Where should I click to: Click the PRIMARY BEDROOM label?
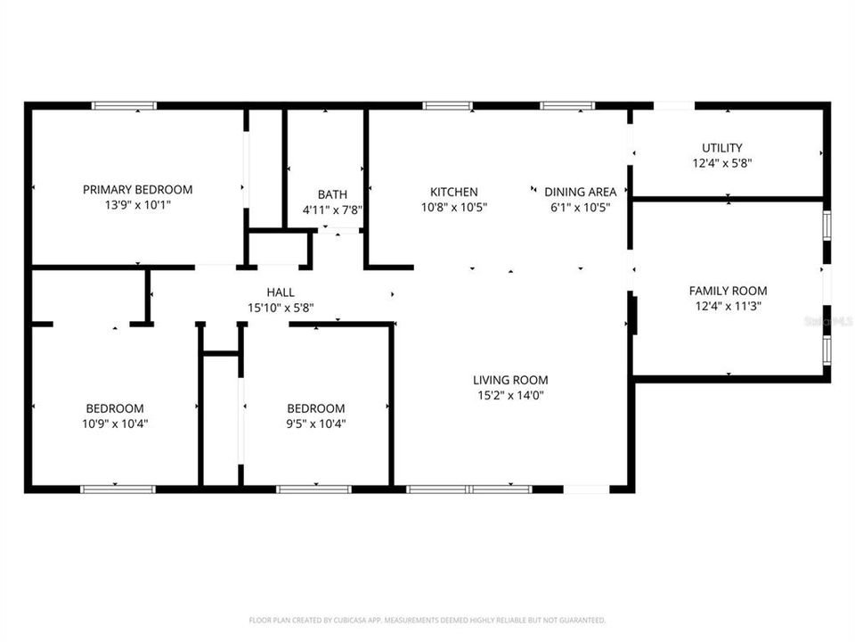[137, 189]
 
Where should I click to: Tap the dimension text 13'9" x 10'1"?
[137, 205]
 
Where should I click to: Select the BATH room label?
[332, 194]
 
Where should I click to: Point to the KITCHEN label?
[454, 192]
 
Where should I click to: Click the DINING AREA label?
[580, 192]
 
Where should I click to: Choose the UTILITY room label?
[721, 148]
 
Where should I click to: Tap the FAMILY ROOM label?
[728, 291]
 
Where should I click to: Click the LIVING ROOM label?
[510, 380]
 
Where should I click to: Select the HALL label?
[281, 292]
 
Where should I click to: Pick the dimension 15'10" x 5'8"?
[281, 308]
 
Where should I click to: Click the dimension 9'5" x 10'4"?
[315, 424]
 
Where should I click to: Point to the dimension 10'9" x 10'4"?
[115, 424]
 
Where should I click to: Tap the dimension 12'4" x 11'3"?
[728, 306]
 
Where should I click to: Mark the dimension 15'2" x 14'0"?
[510, 395]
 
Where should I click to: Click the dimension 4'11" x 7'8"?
[332, 210]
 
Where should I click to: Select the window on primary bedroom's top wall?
[125, 106]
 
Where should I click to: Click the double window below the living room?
[469, 489]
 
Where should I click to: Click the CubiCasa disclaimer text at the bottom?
[427, 620]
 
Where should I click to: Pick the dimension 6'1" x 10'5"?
[580, 207]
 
